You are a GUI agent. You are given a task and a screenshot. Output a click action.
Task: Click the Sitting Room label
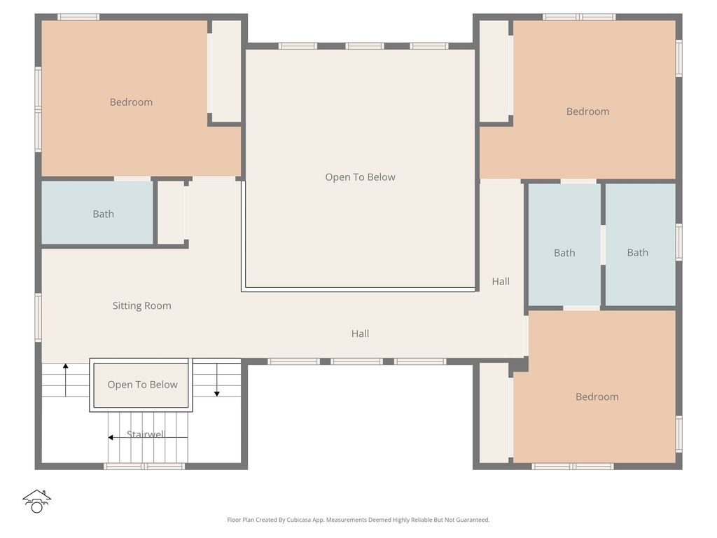tap(141, 305)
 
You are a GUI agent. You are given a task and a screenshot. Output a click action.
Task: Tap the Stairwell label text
tap(146, 434)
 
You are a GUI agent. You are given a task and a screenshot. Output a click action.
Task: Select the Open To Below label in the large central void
tap(360, 177)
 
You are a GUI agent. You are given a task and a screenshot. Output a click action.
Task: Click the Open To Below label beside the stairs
tap(142, 385)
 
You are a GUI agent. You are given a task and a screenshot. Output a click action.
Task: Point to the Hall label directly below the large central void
tap(360, 333)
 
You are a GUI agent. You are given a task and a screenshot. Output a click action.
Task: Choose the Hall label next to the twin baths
tap(500, 282)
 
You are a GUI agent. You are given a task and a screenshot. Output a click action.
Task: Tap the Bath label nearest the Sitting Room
tap(103, 214)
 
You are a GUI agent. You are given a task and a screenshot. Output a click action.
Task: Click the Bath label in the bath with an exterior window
tap(637, 252)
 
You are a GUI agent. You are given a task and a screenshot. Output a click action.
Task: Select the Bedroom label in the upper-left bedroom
tap(131, 102)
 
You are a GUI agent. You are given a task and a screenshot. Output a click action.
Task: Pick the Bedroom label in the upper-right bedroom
tap(587, 111)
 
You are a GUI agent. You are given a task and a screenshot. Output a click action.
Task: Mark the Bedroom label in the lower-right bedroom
tap(597, 396)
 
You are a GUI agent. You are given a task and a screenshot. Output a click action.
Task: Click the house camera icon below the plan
tap(36, 501)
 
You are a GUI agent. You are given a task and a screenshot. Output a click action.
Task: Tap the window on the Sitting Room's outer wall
tap(39, 317)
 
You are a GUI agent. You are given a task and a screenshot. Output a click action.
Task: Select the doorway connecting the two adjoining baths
tap(602, 244)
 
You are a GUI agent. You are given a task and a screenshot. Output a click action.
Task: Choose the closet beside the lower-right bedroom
tap(494, 412)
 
